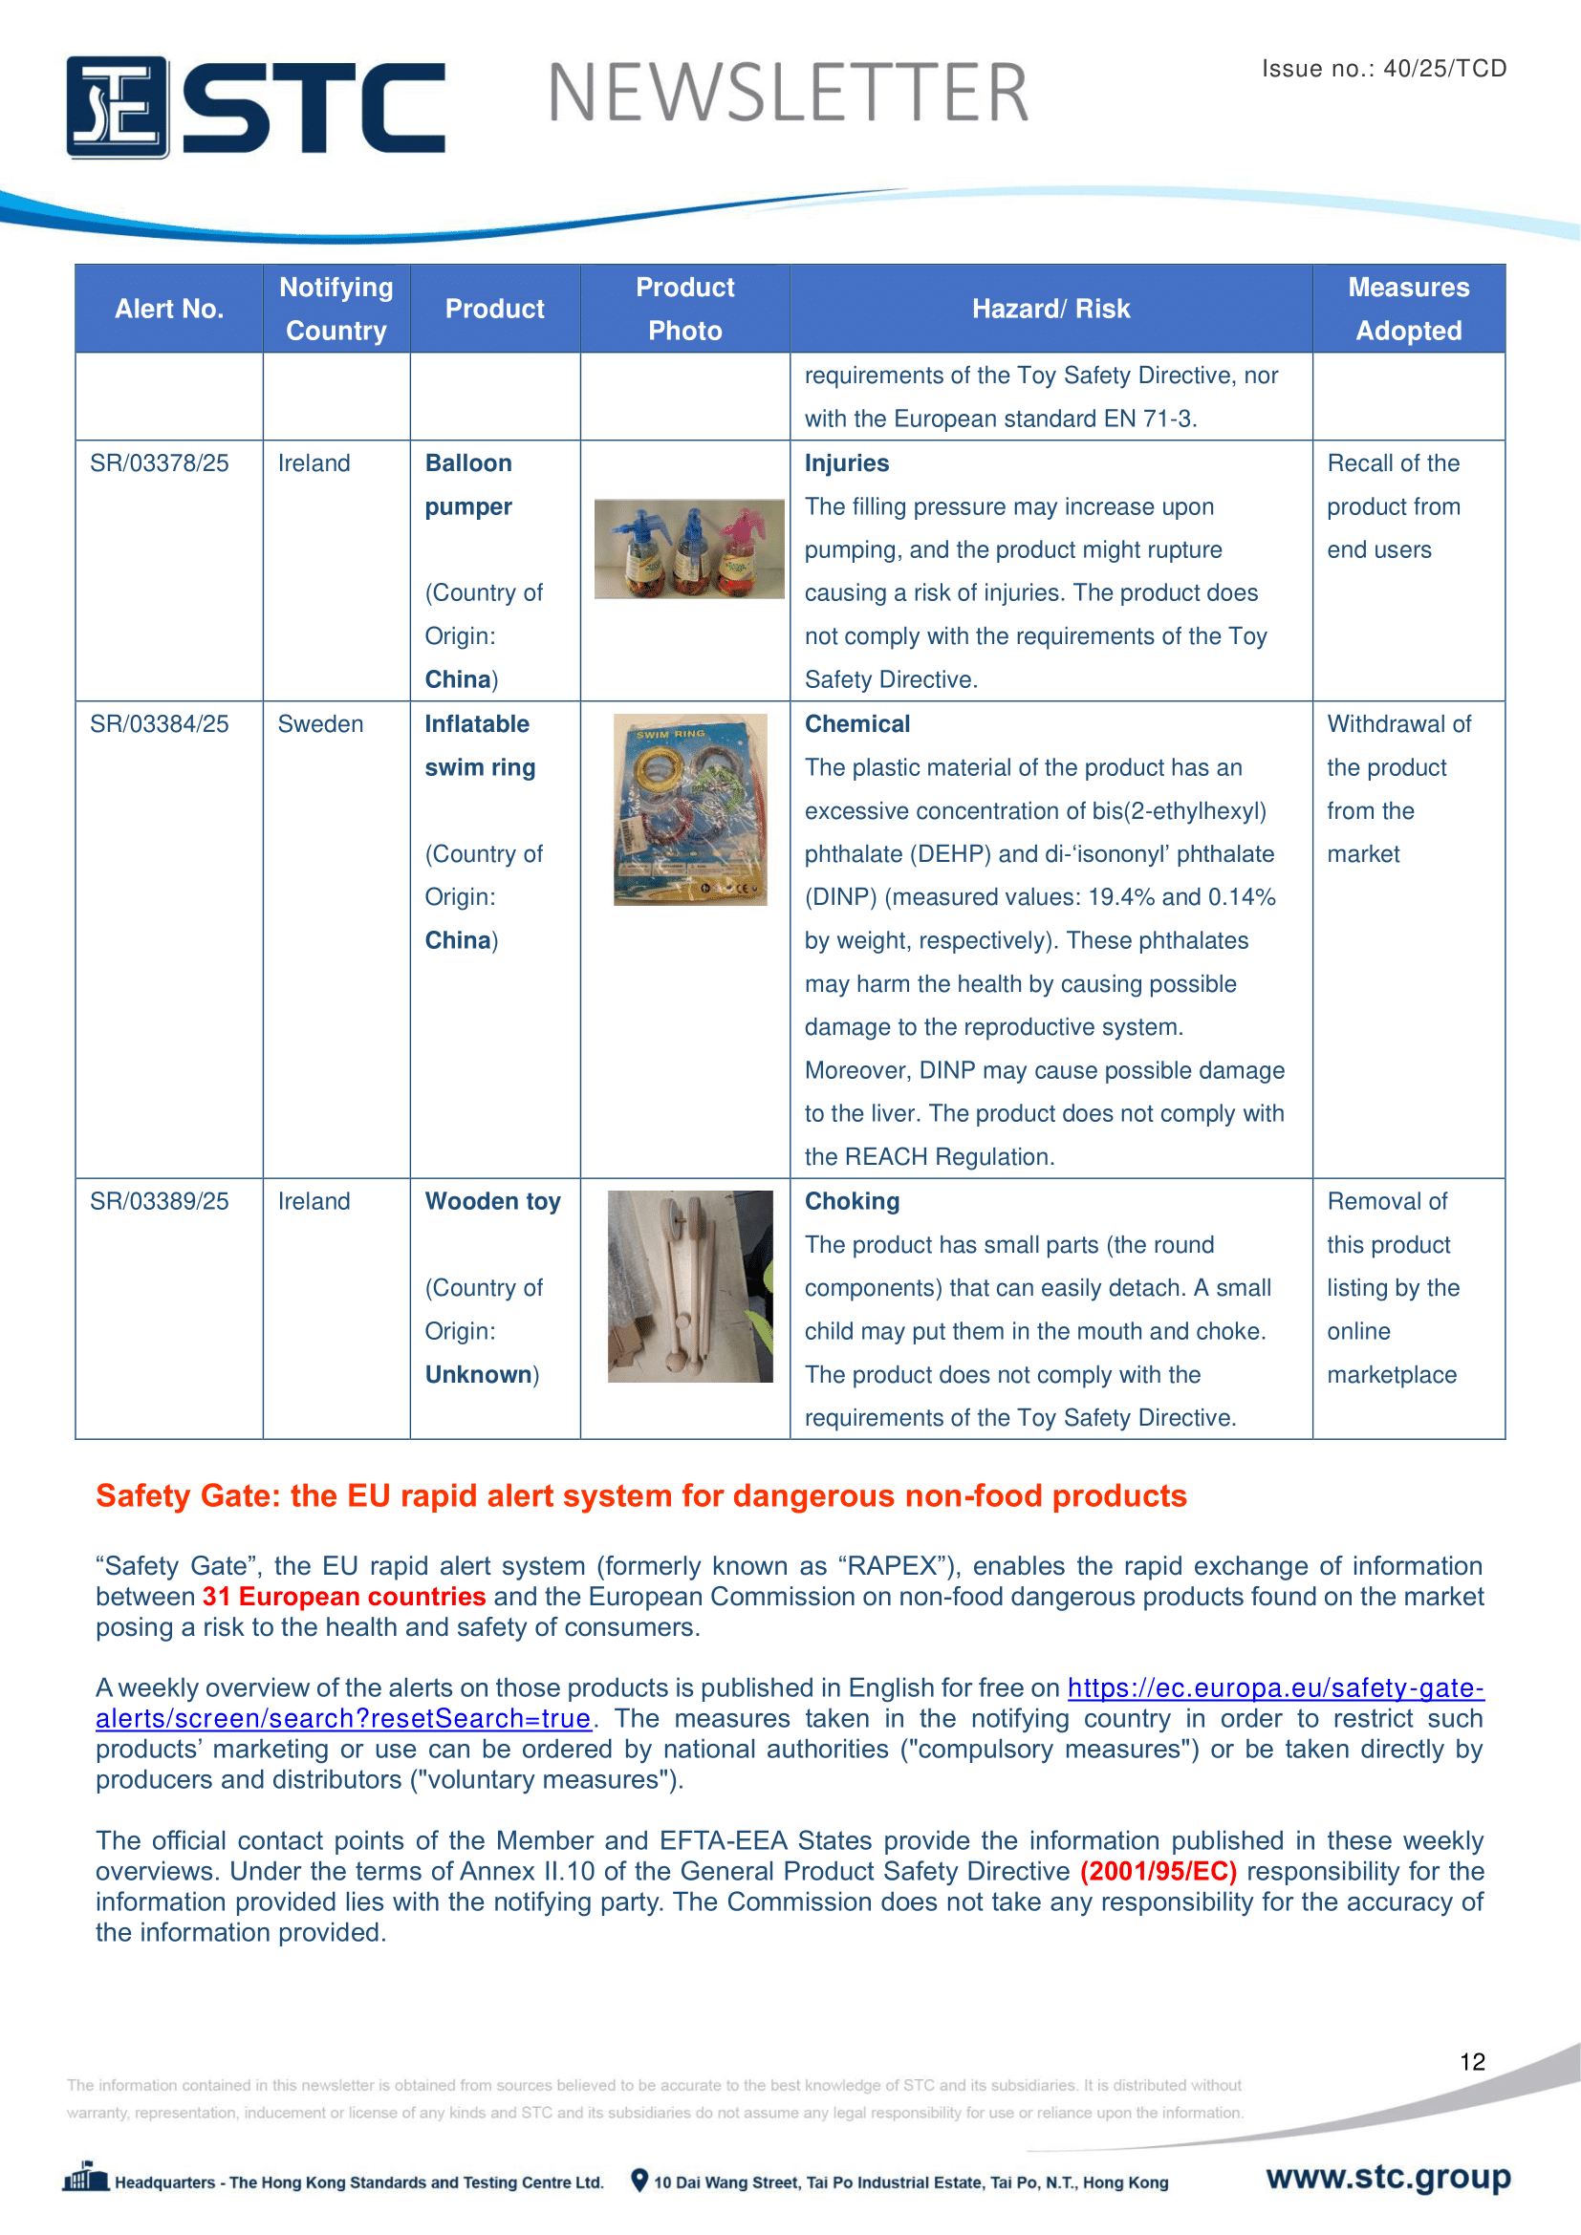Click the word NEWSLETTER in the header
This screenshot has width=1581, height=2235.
point(788,95)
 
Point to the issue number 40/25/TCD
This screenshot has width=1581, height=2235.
point(1443,69)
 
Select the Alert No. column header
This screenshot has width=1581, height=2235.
point(169,310)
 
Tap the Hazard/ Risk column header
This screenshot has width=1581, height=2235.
point(1050,310)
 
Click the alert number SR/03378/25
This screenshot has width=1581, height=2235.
point(160,463)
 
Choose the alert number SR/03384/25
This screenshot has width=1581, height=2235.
point(160,724)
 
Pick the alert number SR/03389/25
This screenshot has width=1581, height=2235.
point(160,1201)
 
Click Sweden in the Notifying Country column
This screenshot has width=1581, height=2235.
point(320,724)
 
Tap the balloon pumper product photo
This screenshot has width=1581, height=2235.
point(688,549)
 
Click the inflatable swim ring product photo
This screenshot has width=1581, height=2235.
point(689,810)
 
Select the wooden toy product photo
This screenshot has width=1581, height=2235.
point(689,1286)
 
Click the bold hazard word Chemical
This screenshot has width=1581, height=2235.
point(856,724)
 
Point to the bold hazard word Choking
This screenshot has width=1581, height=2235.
point(852,1201)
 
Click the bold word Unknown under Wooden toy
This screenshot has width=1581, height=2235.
point(478,1374)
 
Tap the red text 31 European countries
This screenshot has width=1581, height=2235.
point(344,1597)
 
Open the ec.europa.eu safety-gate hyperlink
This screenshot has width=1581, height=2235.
point(1275,1687)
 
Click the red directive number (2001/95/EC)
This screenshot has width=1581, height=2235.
point(1159,1871)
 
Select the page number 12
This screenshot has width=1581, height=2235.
point(1472,2062)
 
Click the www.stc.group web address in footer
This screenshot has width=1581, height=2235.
point(1388,2177)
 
